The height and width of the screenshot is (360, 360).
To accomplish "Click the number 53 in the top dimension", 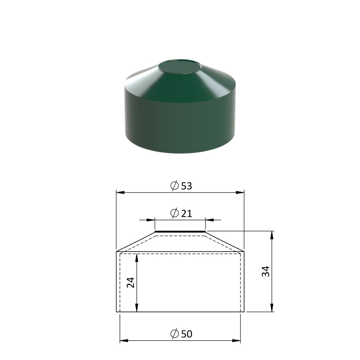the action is pos(186,186).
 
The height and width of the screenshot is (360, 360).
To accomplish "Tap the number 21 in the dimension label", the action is pos(186,213).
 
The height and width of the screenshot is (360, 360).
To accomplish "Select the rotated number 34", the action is pos(266,271).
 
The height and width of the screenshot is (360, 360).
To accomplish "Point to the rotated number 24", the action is pos(130,283).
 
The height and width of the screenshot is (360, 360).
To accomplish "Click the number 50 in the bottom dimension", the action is pos(186,334).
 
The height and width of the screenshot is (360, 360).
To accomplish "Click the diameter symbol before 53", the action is pos(175,186).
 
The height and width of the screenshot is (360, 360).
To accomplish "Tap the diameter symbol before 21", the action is pos(175,213).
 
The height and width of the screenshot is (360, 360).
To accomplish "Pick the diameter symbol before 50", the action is pos(175,334).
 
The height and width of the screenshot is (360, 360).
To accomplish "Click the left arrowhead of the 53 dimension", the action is pos(120,192).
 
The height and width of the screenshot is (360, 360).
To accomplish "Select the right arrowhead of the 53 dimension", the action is pos(240,192).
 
